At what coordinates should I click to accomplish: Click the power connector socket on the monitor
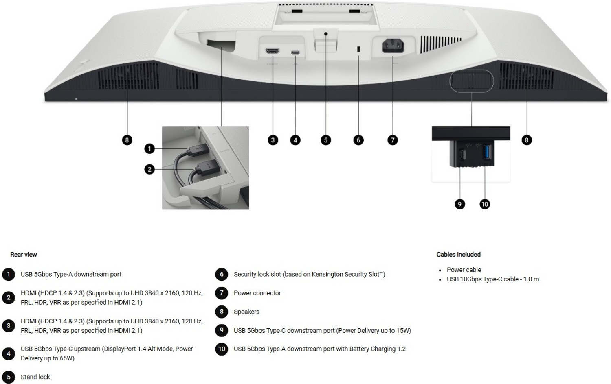tap(393, 46)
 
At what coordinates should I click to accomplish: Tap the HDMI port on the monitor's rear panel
tap(273, 51)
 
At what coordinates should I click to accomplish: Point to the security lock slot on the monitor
tap(358, 49)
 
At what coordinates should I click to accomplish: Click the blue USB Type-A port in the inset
tap(487, 152)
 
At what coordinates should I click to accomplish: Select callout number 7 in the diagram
tap(393, 140)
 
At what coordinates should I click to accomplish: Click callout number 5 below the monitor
tap(326, 140)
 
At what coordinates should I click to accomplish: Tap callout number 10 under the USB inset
tap(485, 204)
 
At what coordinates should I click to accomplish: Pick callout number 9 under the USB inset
tap(459, 204)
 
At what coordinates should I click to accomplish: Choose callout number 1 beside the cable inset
tap(149, 149)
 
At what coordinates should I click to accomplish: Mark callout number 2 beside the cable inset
tap(149, 169)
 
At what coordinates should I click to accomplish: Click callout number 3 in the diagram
tap(273, 140)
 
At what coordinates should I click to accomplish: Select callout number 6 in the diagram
tap(358, 140)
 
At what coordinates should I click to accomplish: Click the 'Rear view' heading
tap(24, 254)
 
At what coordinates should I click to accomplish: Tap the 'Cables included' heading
tap(458, 254)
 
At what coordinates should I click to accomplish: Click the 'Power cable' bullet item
tap(464, 270)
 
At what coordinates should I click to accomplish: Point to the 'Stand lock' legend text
tap(35, 377)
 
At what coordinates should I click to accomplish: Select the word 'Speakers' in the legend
tap(246, 312)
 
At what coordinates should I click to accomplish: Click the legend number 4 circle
tap(9, 354)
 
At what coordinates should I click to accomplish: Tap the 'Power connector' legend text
tap(257, 293)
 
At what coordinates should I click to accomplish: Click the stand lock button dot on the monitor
tap(326, 34)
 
